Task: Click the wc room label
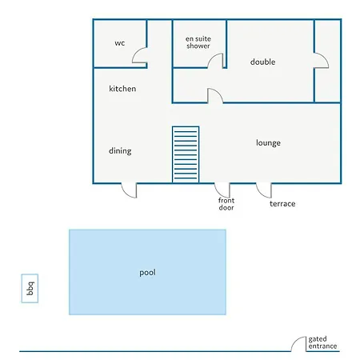pyautogui.click(x=120, y=43)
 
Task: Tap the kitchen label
pyautogui.click(x=122, y=89)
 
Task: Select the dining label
pyautogui.click(x=120, y=151)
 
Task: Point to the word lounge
pyautogui.click(x=268, y=143)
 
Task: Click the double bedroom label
pyautogui.click(x=262, y=62)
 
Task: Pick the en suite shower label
pyautogui.click(x=198, y=42)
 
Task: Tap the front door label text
pyautogui.click(x=226, y=204)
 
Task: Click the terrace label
pyautogui.click(x=282, y=204)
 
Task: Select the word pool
pyautogui.click(x=147, y=273)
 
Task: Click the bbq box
pyautogui.click(x=30, y=288)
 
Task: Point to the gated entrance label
pyautogui.click(x=322, y=342)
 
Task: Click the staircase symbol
pyautogui.click(x=186, y=154)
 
